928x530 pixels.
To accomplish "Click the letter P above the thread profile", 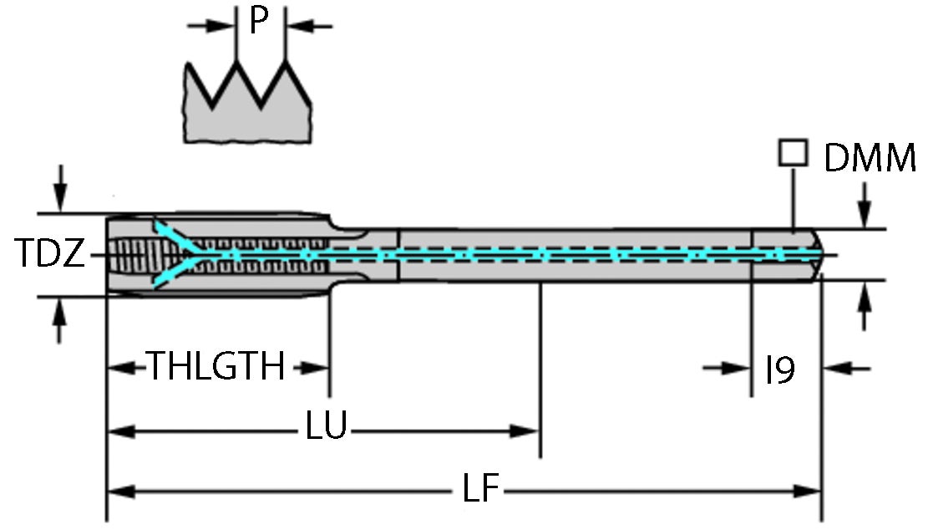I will tap(260, 22).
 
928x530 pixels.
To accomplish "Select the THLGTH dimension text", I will tap(216, 366).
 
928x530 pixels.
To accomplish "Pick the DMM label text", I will tap(870, 158).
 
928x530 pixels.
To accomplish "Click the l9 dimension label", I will tap(780, 369).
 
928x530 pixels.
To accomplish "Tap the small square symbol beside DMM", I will tap(793, 153).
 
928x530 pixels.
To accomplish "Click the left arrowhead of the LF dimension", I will tap(121, 491).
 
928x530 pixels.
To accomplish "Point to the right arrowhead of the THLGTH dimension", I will tap(315, 367).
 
